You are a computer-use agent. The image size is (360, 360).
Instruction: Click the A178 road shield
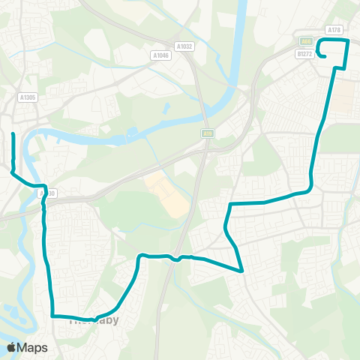334,29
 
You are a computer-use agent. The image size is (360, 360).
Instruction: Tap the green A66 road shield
306,42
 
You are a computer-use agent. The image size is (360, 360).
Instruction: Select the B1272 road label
304,54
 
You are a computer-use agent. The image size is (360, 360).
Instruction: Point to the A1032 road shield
184,46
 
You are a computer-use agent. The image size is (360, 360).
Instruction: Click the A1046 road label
160,55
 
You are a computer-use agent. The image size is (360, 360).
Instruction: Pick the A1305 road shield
28,97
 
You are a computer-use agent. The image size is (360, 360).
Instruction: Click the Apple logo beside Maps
11,347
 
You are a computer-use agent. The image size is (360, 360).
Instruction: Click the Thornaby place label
94,319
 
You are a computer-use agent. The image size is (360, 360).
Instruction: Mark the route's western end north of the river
13,134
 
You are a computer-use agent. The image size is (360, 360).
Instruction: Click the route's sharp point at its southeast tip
242,271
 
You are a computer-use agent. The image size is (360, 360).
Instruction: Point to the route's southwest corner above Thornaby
52,316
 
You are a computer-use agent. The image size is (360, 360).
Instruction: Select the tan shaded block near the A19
166,194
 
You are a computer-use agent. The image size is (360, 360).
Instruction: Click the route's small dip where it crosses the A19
175,259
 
